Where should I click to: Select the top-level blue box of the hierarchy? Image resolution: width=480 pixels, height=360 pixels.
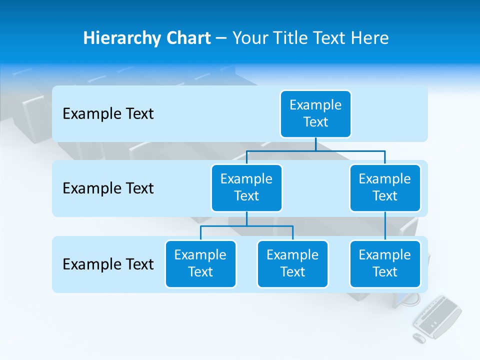tap(315, 114)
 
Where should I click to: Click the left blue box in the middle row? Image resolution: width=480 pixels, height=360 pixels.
tap(246, 188)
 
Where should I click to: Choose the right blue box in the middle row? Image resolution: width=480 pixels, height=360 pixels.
tap(385, 188)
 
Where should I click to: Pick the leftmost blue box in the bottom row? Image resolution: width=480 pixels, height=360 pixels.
tap(200, 264)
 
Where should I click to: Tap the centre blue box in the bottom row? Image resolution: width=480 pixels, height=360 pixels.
tap(292, 264)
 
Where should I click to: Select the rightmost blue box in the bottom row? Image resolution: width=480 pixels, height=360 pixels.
tap(385, 264)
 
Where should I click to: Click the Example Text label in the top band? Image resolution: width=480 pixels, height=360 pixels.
tap(108, 114)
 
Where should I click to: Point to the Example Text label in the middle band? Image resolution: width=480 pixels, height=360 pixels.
tap(108, 188)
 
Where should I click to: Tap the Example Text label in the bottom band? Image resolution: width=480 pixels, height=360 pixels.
tap(108, 264)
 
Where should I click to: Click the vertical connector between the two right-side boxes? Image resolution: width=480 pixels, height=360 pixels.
tap(385, 226)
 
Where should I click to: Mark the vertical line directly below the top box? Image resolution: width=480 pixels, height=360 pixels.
tap(315, 144)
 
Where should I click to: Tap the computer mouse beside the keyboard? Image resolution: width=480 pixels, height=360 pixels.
tap(419, 338)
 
